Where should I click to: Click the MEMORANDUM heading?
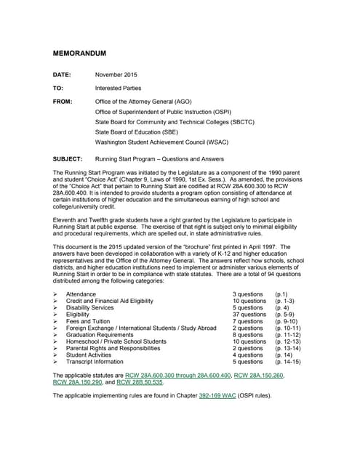pyautogui.click(x=80, y=54)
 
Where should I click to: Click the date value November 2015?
pyautogui.click(x=116, y=75)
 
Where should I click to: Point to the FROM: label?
pyautogui.click(x=63, y=102)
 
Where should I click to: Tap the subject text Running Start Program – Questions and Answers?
pyautogui.click(x=159, y=158)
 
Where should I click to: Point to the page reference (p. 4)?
pyautogui.click(x=284, y=307)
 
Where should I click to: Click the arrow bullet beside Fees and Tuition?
pyautogui.click(x=55, y=320)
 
